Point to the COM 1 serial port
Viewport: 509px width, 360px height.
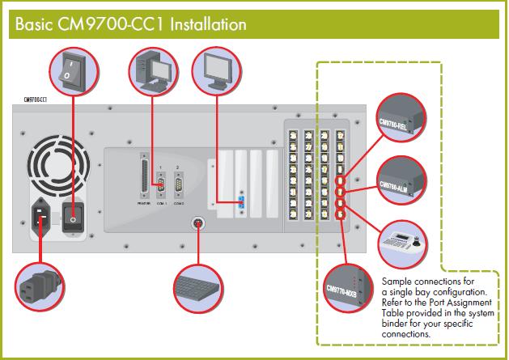[159, 186]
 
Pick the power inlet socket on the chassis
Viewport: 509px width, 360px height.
[40, 217]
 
